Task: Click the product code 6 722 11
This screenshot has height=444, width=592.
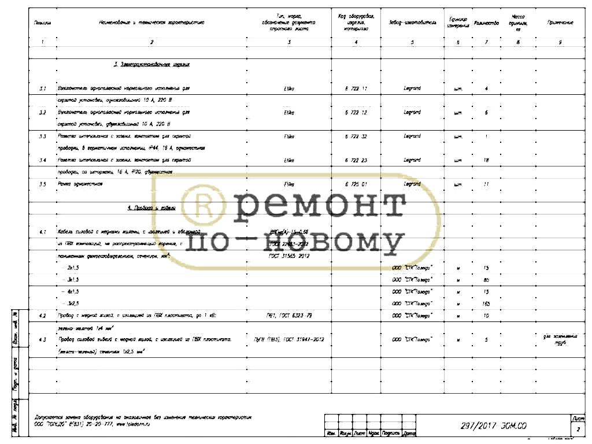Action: click(356, 88)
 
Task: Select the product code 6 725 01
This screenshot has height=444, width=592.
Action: click(356, 184)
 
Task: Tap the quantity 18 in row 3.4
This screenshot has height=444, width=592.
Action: click(486, 160)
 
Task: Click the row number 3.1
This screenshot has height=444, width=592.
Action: click(42, 89)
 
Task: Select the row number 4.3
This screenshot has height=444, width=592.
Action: click(42, 340)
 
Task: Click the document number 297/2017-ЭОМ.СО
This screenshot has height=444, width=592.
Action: click(493, 427)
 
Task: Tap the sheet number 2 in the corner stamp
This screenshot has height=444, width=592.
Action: click(578, 430)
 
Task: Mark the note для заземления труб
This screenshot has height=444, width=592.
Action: click(559, 339)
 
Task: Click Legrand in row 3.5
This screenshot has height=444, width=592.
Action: click(412, 184)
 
